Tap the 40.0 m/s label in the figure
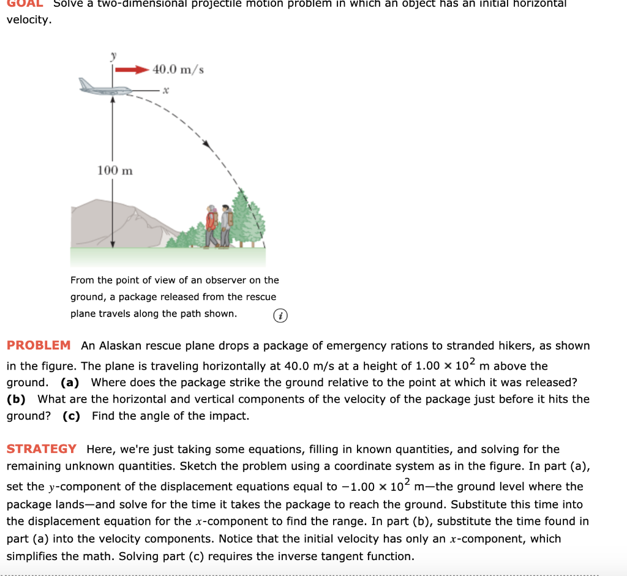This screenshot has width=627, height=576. (x=178, y=69)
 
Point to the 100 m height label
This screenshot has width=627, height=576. (x=115, y=170)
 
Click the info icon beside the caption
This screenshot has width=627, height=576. (x=280, y=315)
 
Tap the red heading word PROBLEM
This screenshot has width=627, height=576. (x=39, y=345)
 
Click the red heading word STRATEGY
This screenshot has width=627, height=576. (x=42, y=449)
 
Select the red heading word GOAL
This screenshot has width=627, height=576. (x=25, y=3)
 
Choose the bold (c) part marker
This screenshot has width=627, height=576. (x=72, y=416)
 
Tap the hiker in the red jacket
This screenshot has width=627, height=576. (x=212, y=225)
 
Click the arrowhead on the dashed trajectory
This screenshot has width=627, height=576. (x=209, y=145)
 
